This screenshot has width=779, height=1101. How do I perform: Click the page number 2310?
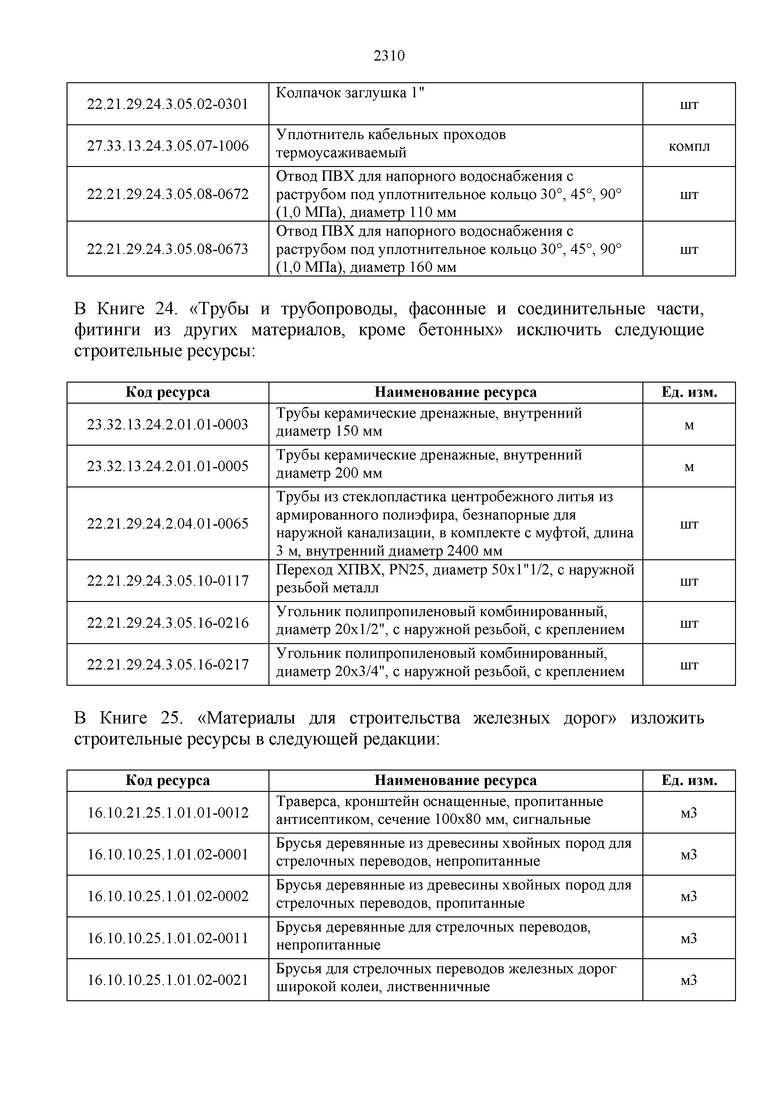[x=389, y=56]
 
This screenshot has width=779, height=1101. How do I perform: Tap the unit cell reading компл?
[x=689, y=146]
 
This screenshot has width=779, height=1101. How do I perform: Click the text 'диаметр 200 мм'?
[x=329, y=473]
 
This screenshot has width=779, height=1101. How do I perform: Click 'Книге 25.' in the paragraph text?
[x=141, y=718]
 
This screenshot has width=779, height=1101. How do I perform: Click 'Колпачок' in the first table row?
[x=308, y=93]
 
